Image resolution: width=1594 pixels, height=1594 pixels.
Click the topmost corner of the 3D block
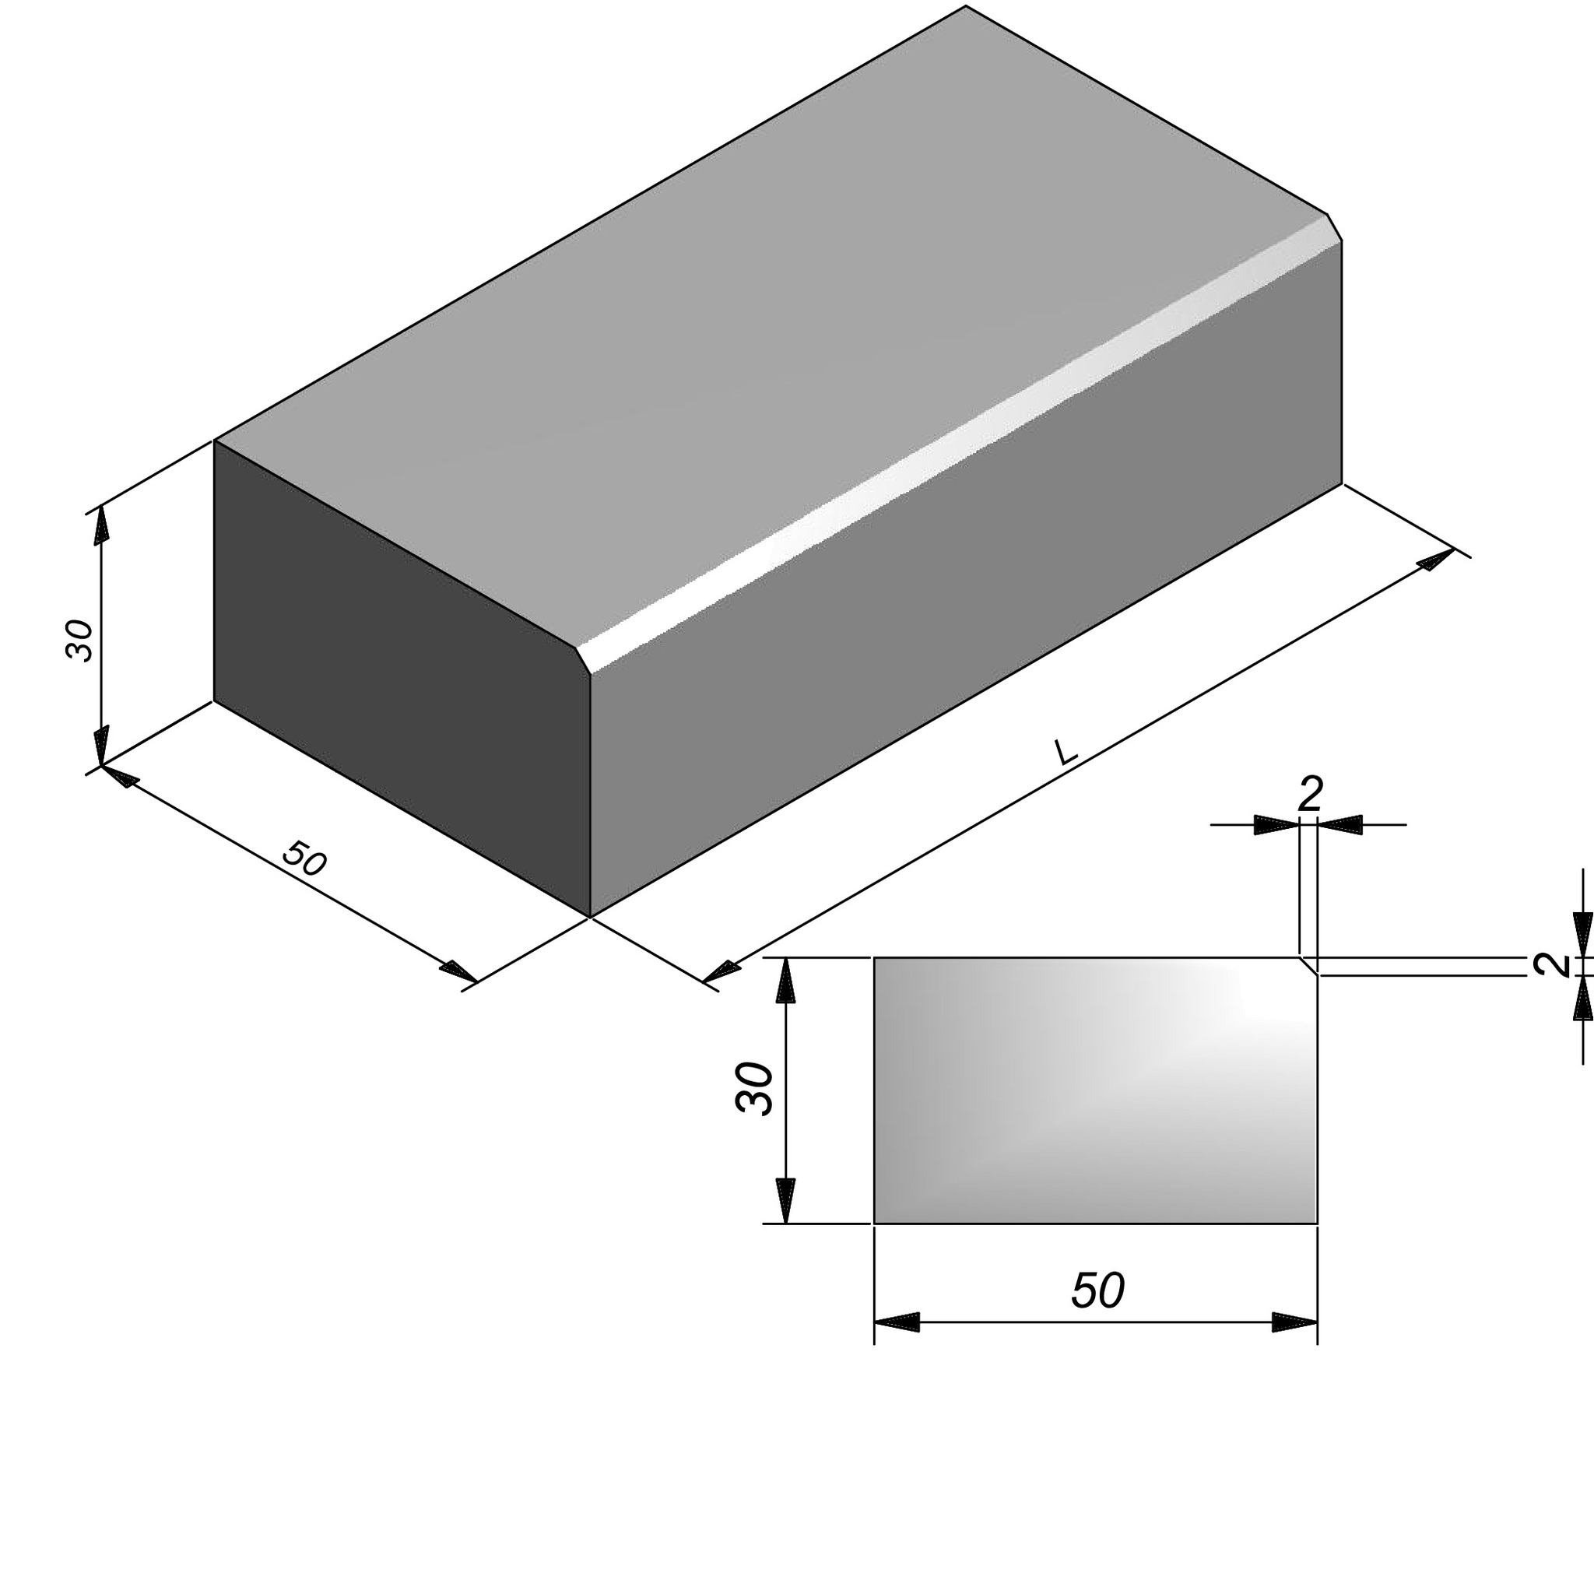(965, 5)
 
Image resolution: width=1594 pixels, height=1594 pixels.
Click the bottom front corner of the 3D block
(591, 917)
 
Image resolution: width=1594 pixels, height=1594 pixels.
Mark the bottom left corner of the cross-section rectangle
(875, 1224)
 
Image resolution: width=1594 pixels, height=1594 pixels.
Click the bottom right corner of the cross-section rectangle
(1317, 1224)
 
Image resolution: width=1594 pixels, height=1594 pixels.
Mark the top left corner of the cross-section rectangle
(875, 958)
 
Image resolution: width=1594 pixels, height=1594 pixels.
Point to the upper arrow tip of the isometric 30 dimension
(100, 505)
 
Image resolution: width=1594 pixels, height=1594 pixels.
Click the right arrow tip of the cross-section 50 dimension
(1317, 1322)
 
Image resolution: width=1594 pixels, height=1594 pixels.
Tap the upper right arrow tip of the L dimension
(1455, 549)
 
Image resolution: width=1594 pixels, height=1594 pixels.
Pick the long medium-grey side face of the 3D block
(965, 578)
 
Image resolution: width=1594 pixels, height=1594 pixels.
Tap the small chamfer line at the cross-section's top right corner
(1308, 966)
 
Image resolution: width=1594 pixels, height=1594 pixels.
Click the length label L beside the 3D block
(1066, 752)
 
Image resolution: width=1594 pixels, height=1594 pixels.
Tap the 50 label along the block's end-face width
(304, 858)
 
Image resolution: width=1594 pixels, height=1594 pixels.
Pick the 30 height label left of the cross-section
(754, 1089)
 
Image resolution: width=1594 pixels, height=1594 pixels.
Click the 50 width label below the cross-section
(1097, 1290)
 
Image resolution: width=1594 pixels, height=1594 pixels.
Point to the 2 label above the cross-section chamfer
(1310, 795)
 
